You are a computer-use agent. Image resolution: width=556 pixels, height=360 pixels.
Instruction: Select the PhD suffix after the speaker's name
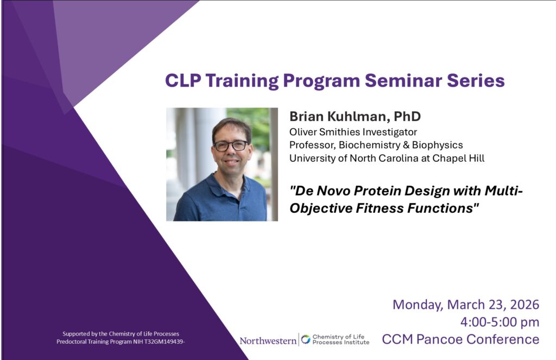click(407, 116)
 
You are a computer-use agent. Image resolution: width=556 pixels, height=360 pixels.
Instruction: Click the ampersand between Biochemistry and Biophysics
click(406, 145)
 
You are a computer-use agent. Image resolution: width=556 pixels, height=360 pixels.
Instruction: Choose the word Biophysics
click(437, 145)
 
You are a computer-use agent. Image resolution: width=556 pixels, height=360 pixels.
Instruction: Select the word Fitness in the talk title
click(380, 208)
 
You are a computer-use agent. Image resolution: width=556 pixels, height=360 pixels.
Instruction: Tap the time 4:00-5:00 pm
click(500, 322)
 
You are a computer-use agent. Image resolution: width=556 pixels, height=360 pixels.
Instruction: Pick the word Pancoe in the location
click(439, 339)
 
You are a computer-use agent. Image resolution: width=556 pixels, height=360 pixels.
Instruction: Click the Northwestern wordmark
click(268, 341)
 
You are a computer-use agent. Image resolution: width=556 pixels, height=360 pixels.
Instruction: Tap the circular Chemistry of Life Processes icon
click(305, 339)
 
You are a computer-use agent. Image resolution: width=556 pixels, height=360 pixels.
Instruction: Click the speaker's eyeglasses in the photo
click(231, 146)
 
